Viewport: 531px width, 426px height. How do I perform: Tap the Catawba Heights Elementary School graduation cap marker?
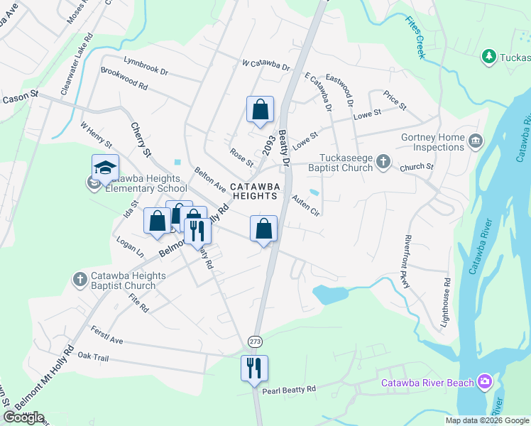pyautogui.click(x=105, y=168)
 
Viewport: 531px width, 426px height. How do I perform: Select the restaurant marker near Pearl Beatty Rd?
pyautogui.click(x=254, y=368)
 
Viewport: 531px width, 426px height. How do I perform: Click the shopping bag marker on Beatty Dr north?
pyautogui.click(x=261, y=109)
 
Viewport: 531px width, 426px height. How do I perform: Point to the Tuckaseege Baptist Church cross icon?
pyautogui.click(x=383, y=161)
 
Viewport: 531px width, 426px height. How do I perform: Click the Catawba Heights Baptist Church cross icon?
pyautogui.click(x=79, y=280)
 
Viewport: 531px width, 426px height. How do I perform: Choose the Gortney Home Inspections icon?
pyautogui.click(x=475, y=140)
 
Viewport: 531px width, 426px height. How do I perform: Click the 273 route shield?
pyautogui.click(x=254, y=342)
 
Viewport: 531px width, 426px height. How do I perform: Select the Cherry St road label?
pyautogui.click(x=141, y=139)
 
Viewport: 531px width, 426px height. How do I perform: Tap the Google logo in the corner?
pyautogui.click(x=23, y=417)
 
